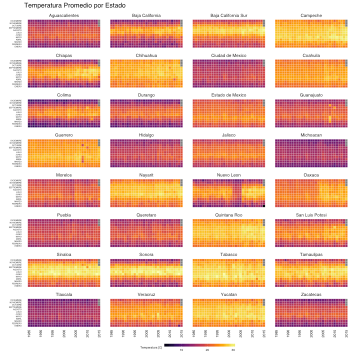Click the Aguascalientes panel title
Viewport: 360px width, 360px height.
(63, 16)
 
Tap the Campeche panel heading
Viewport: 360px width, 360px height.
(311, 16)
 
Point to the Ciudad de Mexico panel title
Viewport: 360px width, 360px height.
(229, 55)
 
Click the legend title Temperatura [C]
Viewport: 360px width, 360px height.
(151, 347)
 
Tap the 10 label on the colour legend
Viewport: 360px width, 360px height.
(181, 350)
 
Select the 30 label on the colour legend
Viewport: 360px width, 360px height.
(233, 350)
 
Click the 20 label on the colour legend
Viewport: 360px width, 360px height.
(207, 350)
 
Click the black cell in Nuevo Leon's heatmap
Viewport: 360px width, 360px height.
(264, 206)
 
